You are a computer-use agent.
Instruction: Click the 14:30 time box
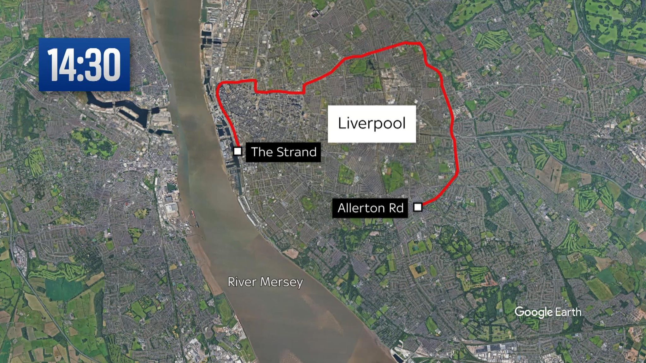pyautogui.click(x=84, y=65)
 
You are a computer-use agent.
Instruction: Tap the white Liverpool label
pyautogui.click(x=372, y=124)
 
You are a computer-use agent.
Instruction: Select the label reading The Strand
pyautogui.click(x=283, y=152)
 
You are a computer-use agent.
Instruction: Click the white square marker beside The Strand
pyautogui.click(x=238, y=151)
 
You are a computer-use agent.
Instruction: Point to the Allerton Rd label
pyautogui.click(x=370, y=208)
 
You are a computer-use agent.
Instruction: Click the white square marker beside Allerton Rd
pyautogui.click(x=418, y=207)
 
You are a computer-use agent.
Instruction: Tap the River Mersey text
pyautogui.click(x=265, y=282)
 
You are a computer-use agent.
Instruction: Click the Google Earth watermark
pyautogui.click(x=548, y=312)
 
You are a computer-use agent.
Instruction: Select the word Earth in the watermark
pyautogui.click(x=568, y=312)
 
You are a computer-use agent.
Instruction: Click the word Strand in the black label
pyautogui.click(x=297, y=152)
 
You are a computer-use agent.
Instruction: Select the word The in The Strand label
pyautogui.click(x=261, y=152)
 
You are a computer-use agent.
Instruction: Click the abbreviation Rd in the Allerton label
pyautogui.click(x=397, y=208)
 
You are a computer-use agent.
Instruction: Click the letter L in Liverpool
pyautogui.click(x=341, y=123)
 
